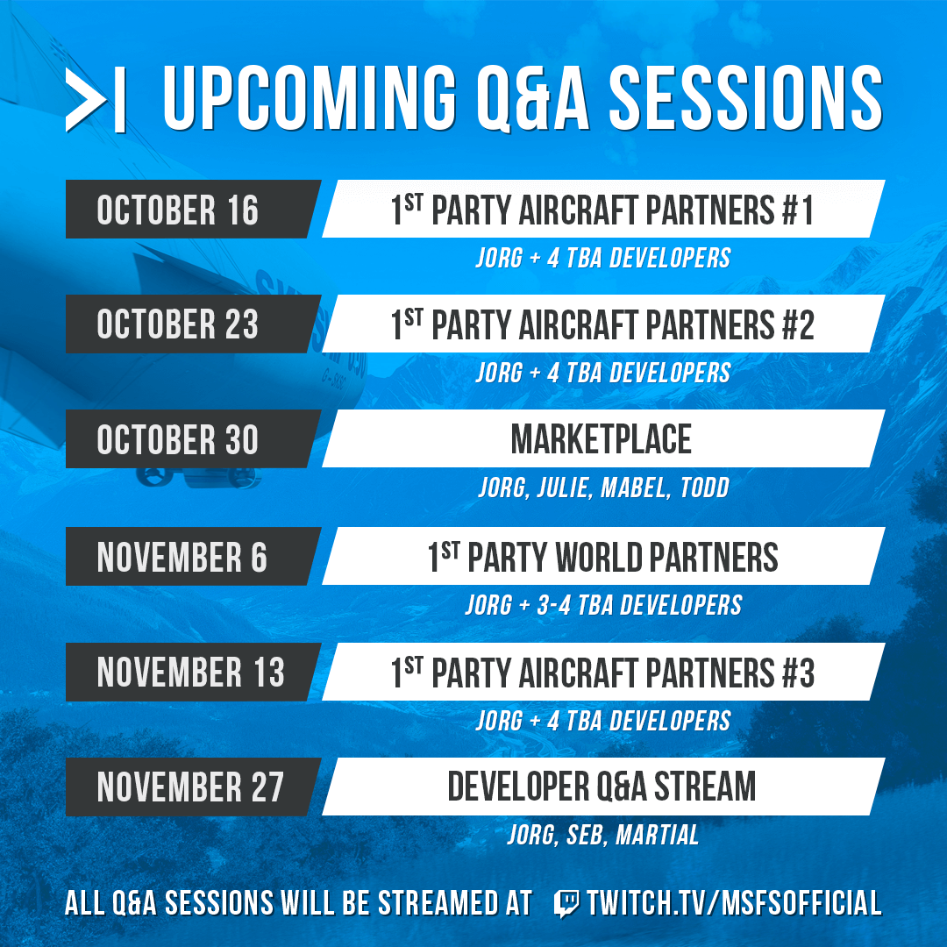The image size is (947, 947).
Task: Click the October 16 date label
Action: click(x=178, y=210)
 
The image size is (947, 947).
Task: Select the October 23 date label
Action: click(x=178, y=325)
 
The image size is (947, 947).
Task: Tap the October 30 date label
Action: click(x=178, y=440)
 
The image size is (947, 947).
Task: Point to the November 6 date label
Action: click(x=182, y=558)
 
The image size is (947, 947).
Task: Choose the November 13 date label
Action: click(x=191, y=673)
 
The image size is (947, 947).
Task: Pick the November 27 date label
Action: click(x=191, y=787)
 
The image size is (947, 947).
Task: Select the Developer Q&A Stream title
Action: click(x=602, y=787)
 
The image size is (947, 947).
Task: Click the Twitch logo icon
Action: click(x=566, y=903)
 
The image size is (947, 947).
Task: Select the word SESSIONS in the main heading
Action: click(x=745, y=98)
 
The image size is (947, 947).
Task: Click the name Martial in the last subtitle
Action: click(x=658, y=836)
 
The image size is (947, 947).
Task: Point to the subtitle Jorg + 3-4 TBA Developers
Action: click(x=603, y=605)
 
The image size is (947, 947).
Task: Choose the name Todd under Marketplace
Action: click(x=704, y=488)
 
